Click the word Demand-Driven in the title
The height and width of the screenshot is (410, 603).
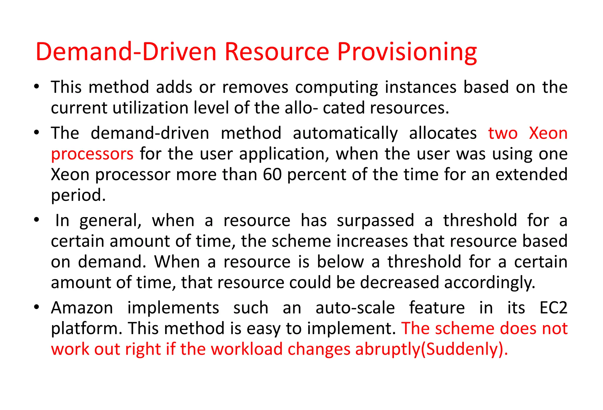(126, 52)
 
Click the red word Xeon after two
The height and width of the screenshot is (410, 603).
(548, 133)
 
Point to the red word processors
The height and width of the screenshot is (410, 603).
(92, 154)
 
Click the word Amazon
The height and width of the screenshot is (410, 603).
(82, 308)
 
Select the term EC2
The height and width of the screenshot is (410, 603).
(553, 308)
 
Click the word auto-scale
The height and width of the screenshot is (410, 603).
(355, 308)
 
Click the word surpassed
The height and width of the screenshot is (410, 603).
(375, 221)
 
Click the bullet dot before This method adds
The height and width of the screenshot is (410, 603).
(37, 87)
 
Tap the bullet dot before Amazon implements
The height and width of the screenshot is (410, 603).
(37, 307)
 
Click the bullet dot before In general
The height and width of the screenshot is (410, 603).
(37, 220)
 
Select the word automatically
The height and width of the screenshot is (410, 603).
(345, 133)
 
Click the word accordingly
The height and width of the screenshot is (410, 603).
(489, 283)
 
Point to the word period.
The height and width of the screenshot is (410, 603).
(78, 195)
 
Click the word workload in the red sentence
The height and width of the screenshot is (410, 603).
(247, 349)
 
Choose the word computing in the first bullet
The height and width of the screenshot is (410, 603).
(336, 87)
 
